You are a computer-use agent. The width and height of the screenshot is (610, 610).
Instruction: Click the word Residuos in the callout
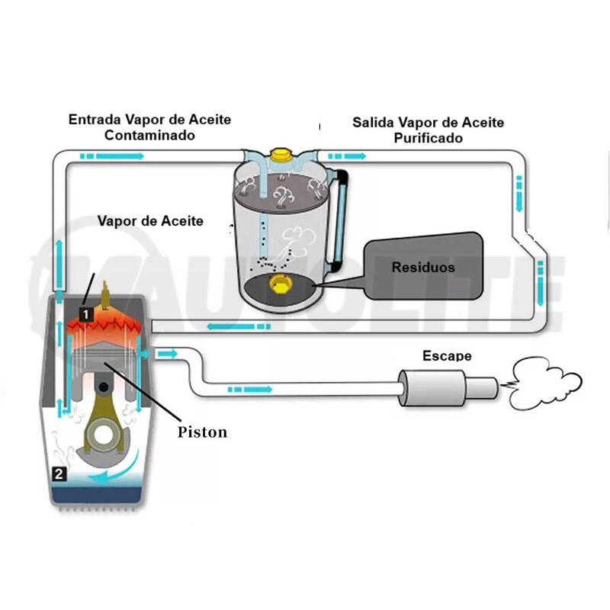pyautogui.click(x=423, y=268)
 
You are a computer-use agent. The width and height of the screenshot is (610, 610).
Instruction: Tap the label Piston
pyautogui.click(x=203, y=432)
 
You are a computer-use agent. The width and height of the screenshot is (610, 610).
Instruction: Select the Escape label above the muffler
pyautogui.click(x=447, y=356)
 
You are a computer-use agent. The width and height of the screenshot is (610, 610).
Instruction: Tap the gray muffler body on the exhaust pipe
pyautogui.click(x=431, y=388)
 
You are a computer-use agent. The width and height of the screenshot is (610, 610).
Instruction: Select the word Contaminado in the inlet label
pyautogui.click(x=149, y=135)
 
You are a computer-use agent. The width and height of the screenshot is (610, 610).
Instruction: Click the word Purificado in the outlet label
pyautogui.click(x=428, y=138)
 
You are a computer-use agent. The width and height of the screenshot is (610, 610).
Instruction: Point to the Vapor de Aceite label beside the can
pyautogui.click(x=150, y=221)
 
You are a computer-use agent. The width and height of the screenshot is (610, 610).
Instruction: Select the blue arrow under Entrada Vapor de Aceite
pyautogui.click(x=113, y=156)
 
